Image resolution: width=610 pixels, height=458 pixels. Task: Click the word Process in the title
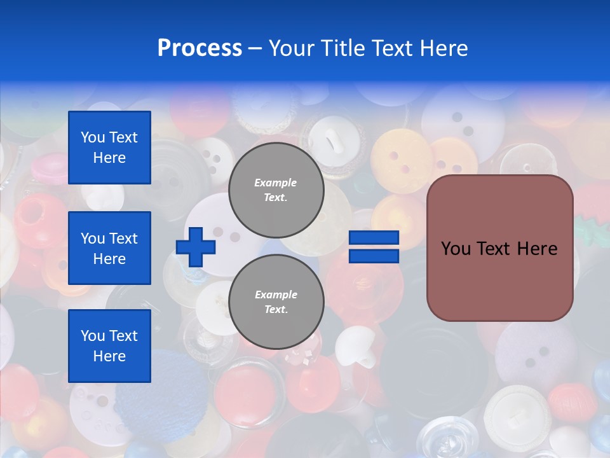[200, 48]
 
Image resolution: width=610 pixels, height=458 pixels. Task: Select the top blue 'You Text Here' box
[109, 148]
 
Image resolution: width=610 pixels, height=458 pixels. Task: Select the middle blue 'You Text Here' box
[109, 248]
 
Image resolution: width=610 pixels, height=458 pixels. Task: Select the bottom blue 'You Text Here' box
[109, 345]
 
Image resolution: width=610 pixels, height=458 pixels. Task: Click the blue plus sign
[196, 246]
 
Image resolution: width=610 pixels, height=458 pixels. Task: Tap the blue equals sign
[374, 247]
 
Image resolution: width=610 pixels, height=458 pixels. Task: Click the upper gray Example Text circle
[276, 190]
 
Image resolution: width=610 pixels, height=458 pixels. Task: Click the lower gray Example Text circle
[276, 302]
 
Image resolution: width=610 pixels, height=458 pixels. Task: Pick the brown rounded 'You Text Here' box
[499, 247]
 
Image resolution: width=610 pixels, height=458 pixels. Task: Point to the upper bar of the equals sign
[374, 238]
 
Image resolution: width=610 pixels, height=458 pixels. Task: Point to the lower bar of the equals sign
[374, 256]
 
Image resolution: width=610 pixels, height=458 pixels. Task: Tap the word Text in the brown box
[499, 249]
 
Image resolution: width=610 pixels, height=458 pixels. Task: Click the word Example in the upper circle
[276, 183]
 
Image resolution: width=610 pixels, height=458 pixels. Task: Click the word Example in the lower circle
[276, 295]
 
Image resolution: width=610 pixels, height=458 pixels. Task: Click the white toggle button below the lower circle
[348, 347]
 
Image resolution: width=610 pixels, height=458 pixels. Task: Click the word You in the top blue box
[92, 137]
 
